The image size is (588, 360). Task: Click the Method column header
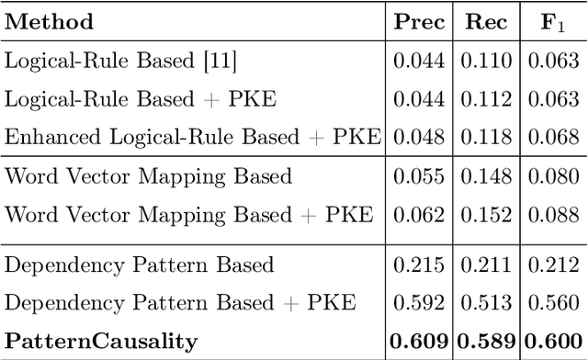point(49,22)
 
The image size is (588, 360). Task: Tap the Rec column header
point(485,22)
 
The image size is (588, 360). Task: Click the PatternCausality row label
point(101,342)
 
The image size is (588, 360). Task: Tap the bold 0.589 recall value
point(485,342)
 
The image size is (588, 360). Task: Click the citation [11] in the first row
point(222,62)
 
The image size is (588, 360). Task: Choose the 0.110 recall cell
point(485,62)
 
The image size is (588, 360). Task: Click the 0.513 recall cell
point(485,303)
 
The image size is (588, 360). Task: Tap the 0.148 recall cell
point(485,176)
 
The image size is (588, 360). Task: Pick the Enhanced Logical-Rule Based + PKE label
point(193,138)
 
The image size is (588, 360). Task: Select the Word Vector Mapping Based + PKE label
point(189,215)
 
